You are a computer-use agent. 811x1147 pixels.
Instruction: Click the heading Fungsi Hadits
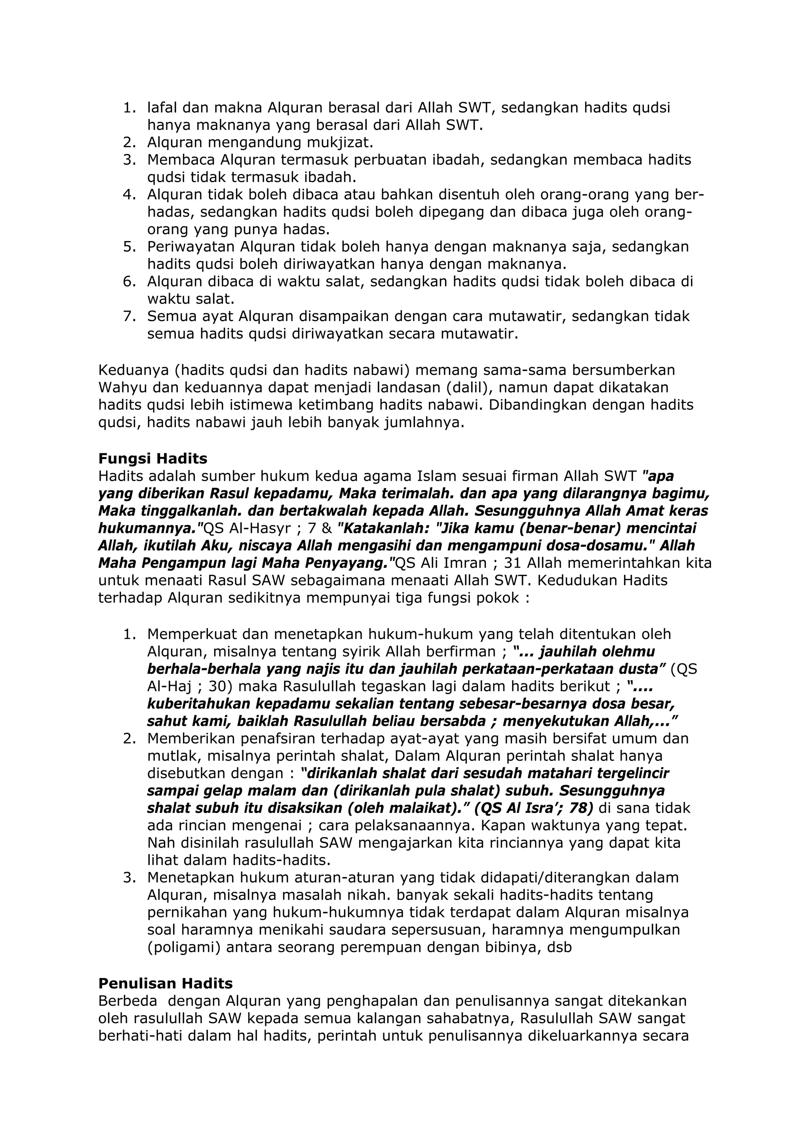(x=152, y=458)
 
